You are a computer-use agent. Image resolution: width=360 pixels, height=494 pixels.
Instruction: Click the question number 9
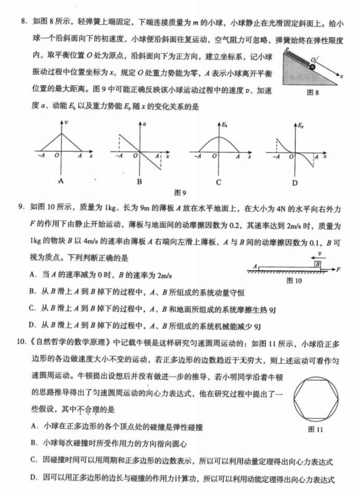pyautogui.click(x=22, y=208)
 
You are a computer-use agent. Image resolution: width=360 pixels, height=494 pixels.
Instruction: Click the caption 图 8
pyautogui.click(x=313, y=92)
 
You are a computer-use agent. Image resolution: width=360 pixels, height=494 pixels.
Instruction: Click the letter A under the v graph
pyautogui.click(x=61, y=182)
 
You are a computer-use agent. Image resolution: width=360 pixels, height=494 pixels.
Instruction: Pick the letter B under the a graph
pyautogui.click(x=139, y=182)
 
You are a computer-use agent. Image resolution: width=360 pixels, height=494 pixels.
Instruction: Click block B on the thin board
pyautogui.click(x=316, y=265)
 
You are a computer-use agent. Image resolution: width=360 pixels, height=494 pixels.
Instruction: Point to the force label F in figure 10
pyautogui.click(x=339, y=269)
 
